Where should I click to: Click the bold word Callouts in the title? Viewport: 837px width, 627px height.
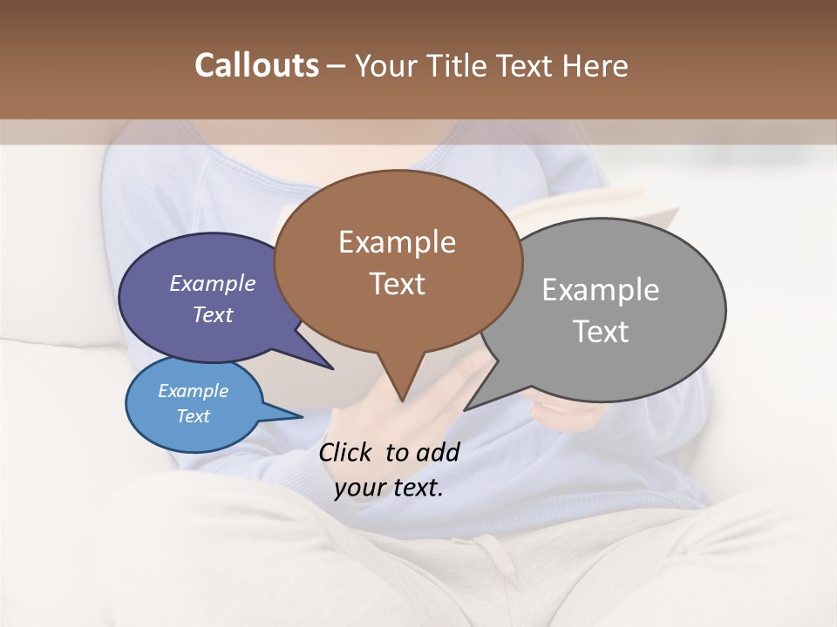(x=256, y=65)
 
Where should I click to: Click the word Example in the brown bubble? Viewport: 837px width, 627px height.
(x=397, y=242)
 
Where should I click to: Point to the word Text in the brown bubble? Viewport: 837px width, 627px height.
(x=397, y=284)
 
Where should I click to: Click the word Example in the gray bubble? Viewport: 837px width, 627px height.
(x=601, y=290)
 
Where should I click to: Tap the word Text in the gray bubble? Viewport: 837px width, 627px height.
(x=601, y=332)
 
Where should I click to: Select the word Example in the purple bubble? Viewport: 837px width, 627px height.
(x=212, y=283)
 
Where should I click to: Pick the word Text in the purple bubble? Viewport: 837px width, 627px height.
(x=212, y=314)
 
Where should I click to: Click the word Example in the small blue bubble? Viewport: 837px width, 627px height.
(x=193, y=391)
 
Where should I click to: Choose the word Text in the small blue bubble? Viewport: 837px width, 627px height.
(x=193, y=416)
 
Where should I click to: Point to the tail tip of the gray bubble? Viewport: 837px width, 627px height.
(x=464, y=409)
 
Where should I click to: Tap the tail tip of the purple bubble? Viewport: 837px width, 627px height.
(x=332, y=368)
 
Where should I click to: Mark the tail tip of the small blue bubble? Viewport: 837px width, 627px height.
(x=302, y=417)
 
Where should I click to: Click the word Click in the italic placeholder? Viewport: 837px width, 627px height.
(x=346, y=452)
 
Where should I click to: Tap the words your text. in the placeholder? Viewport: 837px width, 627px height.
(x=389, y=488)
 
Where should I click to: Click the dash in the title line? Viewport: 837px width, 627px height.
(x=337, y=66)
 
